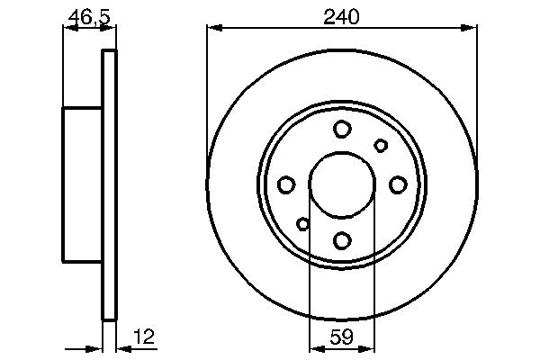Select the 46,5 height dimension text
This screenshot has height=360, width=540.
tap(88, 15)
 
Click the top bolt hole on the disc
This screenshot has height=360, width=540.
tap(342, 130)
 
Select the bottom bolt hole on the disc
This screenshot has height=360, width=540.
tap(342, 240)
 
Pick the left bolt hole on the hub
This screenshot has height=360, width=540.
tap(286, 184)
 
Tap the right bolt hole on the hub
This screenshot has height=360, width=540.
tap(398, 184)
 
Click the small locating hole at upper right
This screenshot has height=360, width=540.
tap(381, 145)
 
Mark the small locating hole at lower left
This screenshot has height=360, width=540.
tap(303, 224)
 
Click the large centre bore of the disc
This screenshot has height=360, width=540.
tap(342, 184)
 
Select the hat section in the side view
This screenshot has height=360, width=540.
tap(82, 184)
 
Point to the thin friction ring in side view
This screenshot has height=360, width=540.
tap(110, 184)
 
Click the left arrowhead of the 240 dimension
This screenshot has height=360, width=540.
tap(212, 29)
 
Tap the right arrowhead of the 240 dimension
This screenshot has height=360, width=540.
tap(471, 29)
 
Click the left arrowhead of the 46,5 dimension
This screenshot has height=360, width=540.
tap(67, 29)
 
